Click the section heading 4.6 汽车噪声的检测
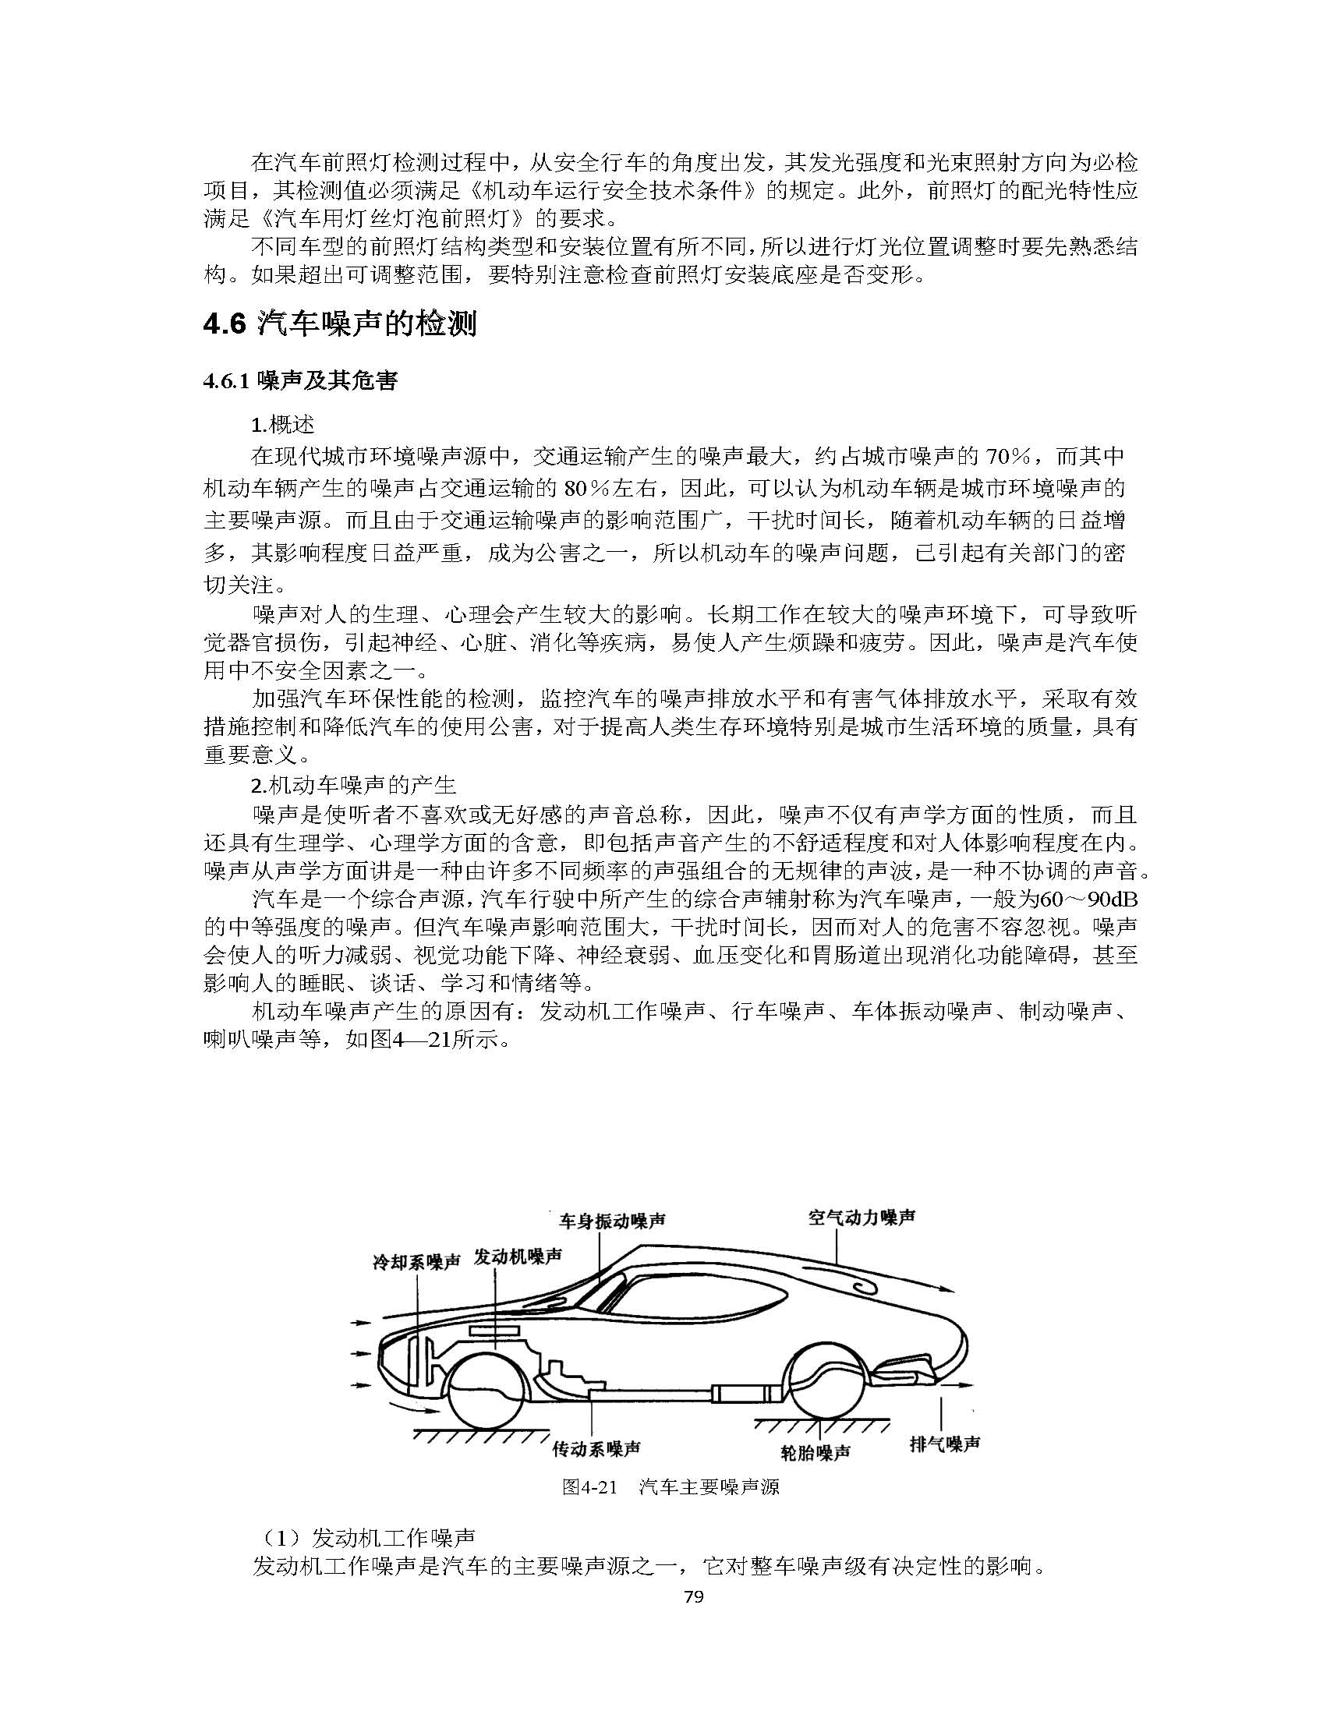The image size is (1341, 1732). point(339,323)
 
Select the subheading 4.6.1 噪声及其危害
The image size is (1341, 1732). point(299,381)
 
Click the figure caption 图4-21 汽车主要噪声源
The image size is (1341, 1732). point(670,1487)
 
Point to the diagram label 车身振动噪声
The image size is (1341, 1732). point(611,1221)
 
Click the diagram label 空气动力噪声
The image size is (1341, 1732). point(862,1218)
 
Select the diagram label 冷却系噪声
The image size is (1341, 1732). point(416,1262)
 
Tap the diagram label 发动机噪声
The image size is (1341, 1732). point(518,1257)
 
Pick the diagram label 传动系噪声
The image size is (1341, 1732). point(596,1449)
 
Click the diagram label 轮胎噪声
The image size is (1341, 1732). point(816,1452)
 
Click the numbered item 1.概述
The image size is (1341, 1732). point(282,425)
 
